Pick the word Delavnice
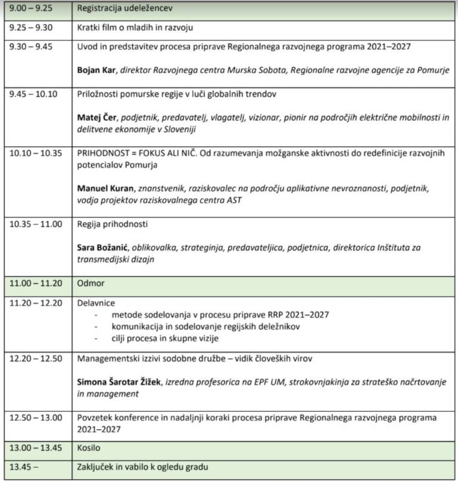click(x=96, y=303)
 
